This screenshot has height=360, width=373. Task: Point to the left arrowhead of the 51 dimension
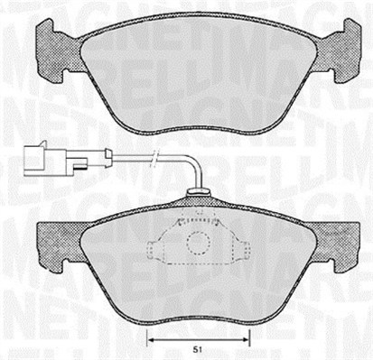[151, 339]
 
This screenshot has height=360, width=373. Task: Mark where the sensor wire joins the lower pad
[196, 191]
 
